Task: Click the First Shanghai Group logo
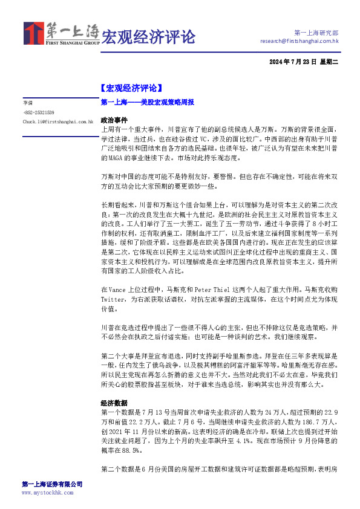[x=61, y=34]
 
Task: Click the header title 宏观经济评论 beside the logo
[x=148, y=36]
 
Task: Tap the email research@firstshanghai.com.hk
[x=299, y=41]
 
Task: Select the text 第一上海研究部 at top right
[x=316, y=32]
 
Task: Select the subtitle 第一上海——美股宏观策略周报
[x=147, y=103]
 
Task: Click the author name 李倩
[x=28, y=103]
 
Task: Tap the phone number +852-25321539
[x=39, y=112]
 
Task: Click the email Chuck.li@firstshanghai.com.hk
[x=57, y=122]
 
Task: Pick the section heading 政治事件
[x=114, y=120]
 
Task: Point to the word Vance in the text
[x=122, y=290]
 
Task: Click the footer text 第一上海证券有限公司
[x=52, y=485]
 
